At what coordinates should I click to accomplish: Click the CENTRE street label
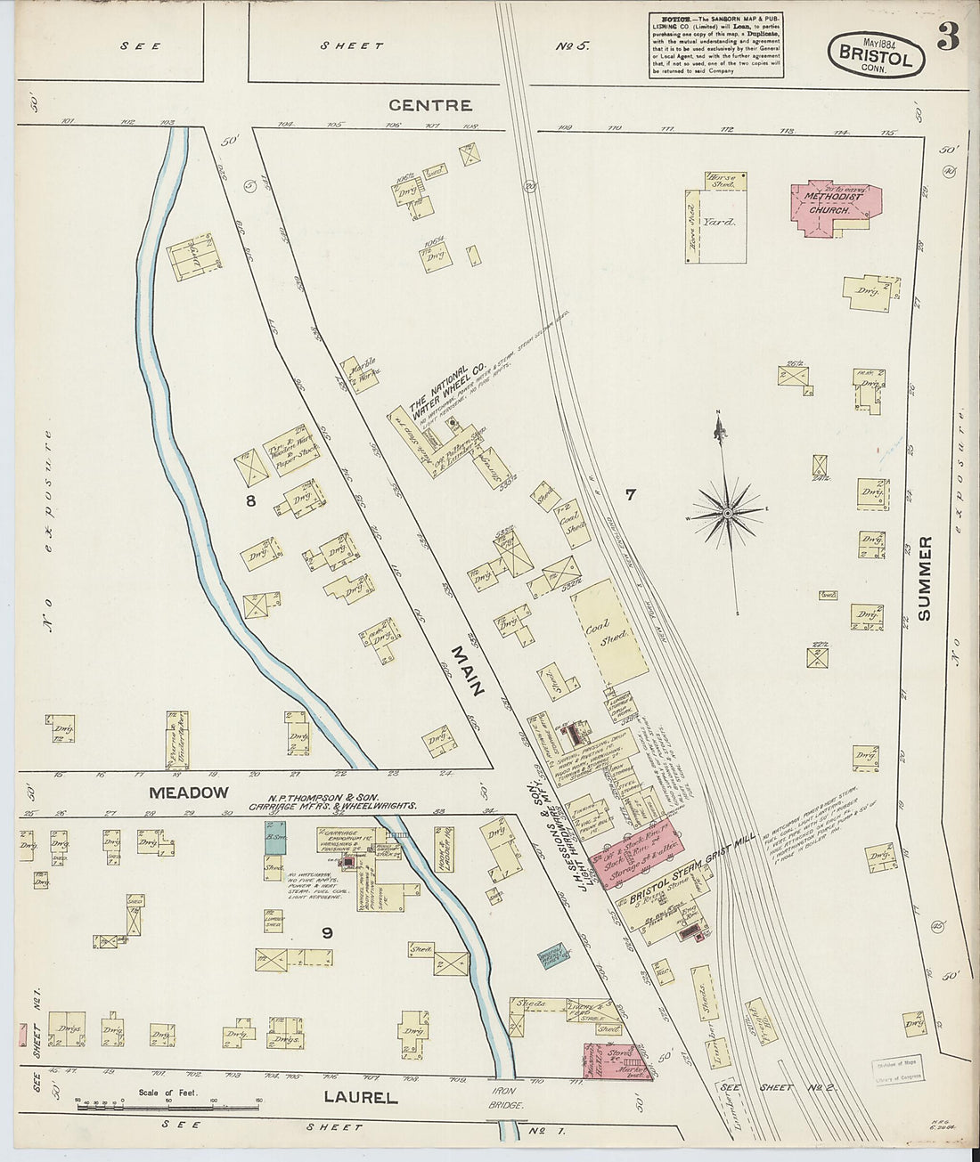point(430,105)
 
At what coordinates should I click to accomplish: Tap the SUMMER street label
point(925,578)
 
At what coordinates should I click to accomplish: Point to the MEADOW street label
point(189,792)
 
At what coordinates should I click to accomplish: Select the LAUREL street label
point(360,1097)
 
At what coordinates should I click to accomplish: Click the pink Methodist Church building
point(834,210)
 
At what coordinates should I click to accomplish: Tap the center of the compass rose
point(728,513)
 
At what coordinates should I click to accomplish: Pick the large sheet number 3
point(947,40)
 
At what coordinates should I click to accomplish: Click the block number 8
point(251,501)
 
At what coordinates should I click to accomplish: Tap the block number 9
point(327,932)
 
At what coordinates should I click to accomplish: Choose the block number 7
point(630,494)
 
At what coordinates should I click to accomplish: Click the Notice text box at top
point(716,45)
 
